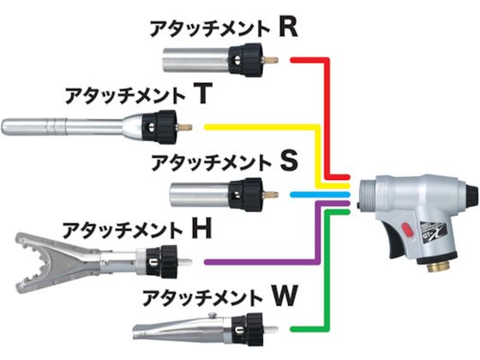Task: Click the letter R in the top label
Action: [288, 27]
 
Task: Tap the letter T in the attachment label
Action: [202, 94]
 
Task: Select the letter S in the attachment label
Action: [289, 161]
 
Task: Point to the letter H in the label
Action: [201, 229]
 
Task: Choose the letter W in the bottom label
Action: [285, 296]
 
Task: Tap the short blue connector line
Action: [320, 195]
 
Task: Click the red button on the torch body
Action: [406, 229]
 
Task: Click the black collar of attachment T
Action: [160, 127]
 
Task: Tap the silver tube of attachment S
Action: [200, 195]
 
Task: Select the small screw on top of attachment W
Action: [211, 315]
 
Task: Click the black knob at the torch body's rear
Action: [471, 195]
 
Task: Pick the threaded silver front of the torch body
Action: [369, 194]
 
